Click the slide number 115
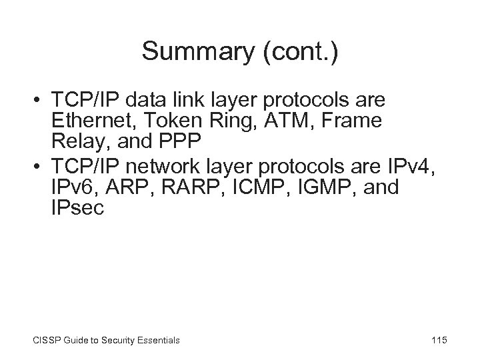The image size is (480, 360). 439,340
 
